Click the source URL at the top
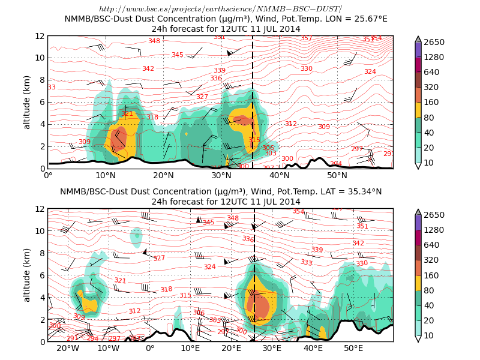(x=220, y=9)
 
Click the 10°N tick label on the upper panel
(x=106, y=175)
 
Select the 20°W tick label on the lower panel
(x=68, y=348)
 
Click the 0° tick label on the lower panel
(x=150, y=348)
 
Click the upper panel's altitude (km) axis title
(x=27, y=102)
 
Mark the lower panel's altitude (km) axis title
(x=27, y=275)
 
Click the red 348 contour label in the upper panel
(x=154, y=41)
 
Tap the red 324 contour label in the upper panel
(x=370, y=71)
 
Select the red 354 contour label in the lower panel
(x=298, y=211)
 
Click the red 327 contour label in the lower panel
(x=159, y=258)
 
